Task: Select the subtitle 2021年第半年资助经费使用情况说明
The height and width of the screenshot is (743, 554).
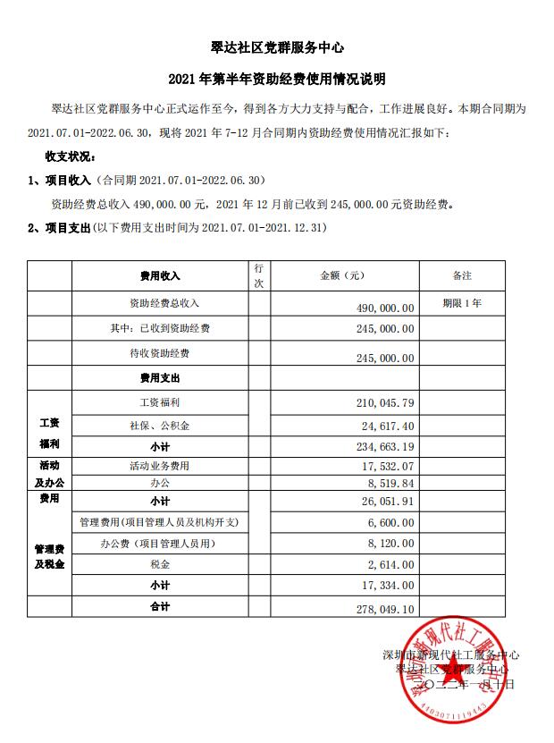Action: click(x=276, y=80)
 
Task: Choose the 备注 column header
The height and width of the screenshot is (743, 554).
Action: click(x=462, y=275)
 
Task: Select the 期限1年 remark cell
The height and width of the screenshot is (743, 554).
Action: click(x=462, y=304)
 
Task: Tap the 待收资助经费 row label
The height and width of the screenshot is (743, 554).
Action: click(x=159, y=354)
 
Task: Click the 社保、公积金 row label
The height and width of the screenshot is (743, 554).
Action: click(x=159, y=426)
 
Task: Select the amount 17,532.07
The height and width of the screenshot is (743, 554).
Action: click(x=385, y=467)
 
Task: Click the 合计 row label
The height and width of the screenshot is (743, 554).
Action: click(x=159, y=607)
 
